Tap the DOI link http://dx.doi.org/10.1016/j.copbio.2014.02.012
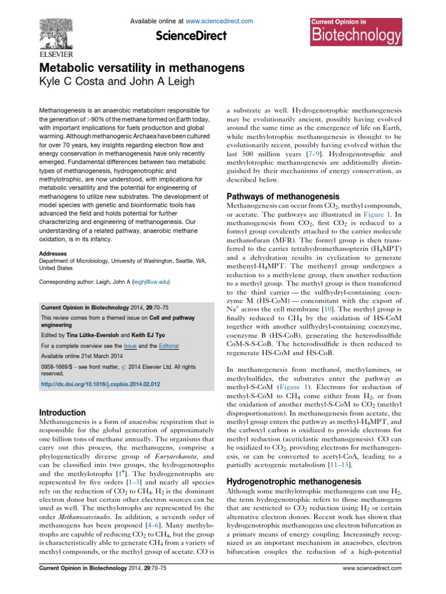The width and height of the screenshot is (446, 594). point(100,384)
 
